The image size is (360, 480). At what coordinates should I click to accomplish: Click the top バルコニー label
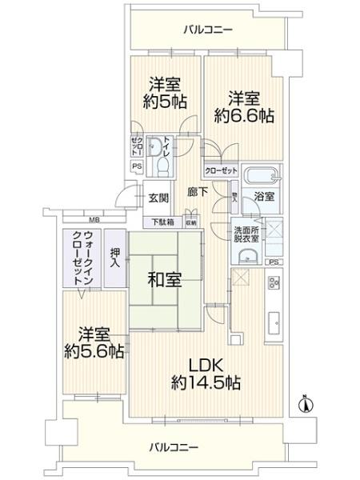[207, 30]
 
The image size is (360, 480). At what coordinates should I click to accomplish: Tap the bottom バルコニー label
[174, 446]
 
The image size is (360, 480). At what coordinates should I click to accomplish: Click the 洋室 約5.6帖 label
[95, 342]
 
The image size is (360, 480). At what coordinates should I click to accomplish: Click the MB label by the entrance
[94, 219]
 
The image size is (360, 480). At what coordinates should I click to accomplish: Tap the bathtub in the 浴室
[260, 176]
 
